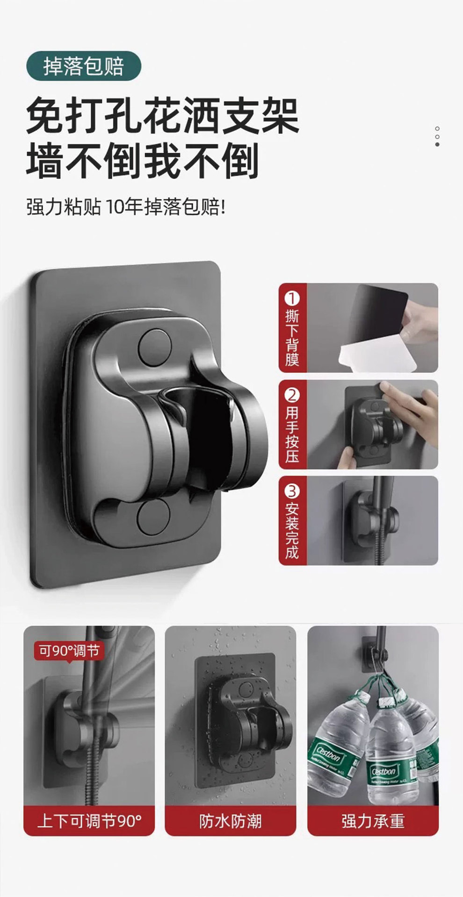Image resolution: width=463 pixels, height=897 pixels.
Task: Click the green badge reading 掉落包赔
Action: click(84, 67)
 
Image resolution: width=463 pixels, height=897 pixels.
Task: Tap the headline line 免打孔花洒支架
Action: click(162, 116)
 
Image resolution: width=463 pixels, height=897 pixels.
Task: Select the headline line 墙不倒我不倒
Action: click(143, 161)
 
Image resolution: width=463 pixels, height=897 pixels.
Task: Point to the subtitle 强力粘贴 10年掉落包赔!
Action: click(126, 207)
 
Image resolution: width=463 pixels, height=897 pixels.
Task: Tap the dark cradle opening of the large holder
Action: click(206, 434)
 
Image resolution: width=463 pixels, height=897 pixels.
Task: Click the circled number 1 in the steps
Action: click(292, 299)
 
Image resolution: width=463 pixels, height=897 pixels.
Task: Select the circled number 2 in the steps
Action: click(292, 395)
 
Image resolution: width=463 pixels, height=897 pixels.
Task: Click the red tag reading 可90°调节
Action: click(69, 651)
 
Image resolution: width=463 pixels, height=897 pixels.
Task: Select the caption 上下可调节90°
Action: click(89, 821)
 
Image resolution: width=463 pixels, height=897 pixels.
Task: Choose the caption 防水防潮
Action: click(231, 821)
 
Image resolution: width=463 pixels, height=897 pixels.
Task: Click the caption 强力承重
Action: click(373, 821)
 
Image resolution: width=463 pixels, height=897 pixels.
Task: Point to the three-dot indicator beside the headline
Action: click(437, 136)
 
